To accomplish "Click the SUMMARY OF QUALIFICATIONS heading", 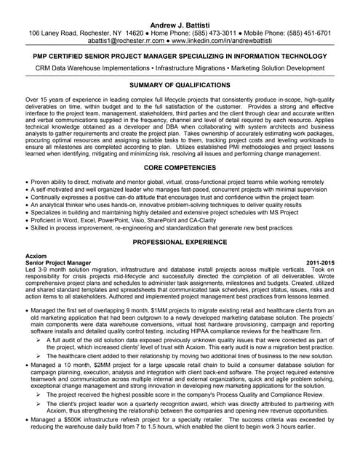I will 180,85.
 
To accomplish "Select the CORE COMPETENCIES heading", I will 180,168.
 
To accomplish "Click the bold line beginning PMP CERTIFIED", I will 180,55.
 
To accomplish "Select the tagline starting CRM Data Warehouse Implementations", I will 180,68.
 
